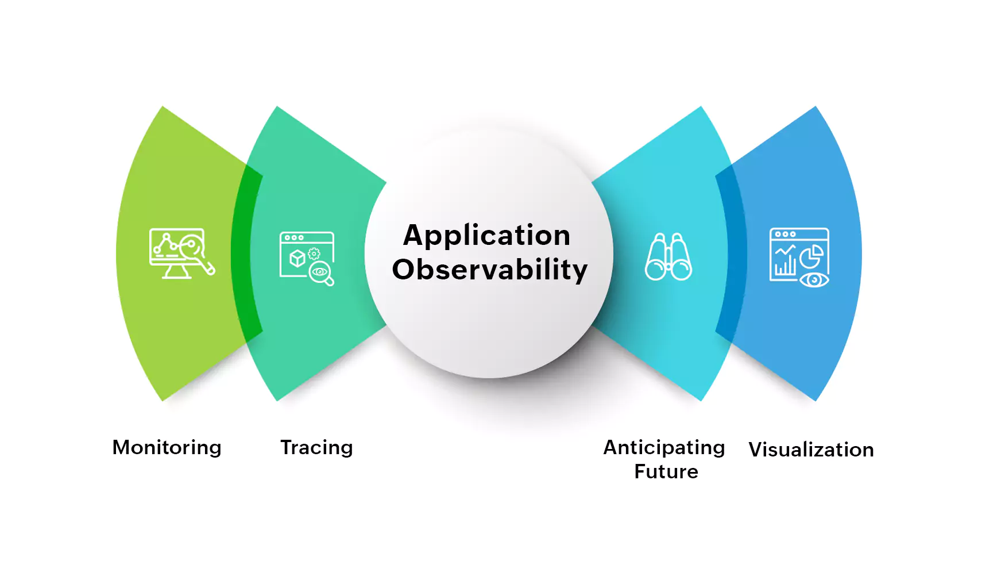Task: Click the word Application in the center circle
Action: pyautogui.click(x=486, y=236)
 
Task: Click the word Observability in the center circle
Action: pyautogui.click(x=489, y=270)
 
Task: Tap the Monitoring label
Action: pyautogui.click(x=167, y=447)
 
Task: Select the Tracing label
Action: pyautogui.click(x=316, y=447)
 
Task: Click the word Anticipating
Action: pyautogui.click(x=664, y=447)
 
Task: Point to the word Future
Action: pyautogui.click(x=666, y=471)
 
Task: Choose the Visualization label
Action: pyautogui.click(x=811, y=450)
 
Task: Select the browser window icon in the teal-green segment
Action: pyautogui.click(x=306, y=256)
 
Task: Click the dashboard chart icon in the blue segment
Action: pyautogui.click(x=799, y=256)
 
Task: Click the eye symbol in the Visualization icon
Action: pyautogui.click(x=814, y=280)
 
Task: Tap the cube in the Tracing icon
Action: pyautogui.click(x=297, y=258)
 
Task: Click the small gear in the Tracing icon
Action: pyautogui.click(x=314, y=254)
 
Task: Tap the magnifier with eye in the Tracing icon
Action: pyautogui.click(x=320, y=272)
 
